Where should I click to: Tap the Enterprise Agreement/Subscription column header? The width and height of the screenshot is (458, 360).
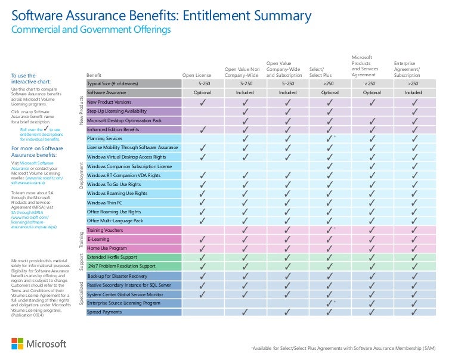pos(407,69)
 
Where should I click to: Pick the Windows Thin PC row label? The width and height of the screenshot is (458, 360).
pos(104,203)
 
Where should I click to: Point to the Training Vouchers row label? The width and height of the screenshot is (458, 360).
pos(106,229)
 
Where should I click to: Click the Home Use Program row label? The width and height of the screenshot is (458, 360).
pos(107,248)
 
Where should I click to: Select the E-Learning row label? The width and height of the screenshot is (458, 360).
pos(98,239)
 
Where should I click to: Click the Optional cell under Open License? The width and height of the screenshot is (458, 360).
pos(203,93)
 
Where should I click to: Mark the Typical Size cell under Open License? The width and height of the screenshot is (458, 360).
pos(203,84)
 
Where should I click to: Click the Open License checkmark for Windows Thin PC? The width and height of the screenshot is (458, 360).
pos(203,203)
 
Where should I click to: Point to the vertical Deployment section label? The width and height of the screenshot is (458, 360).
pos(81,176)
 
